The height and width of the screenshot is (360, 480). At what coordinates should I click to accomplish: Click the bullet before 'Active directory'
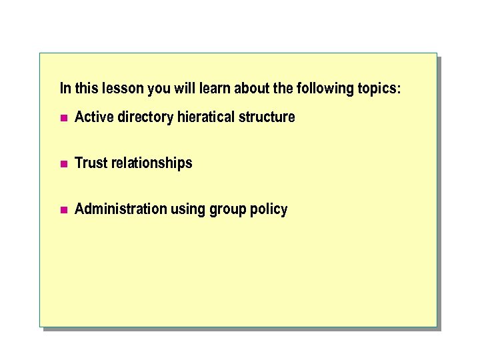[x=64, y=118]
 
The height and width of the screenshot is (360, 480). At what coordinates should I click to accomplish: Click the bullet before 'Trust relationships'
[x=64, y=164]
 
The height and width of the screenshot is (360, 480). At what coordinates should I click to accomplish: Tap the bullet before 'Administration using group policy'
[x=64, y=210]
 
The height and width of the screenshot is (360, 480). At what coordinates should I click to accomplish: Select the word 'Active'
[x=95, y=117]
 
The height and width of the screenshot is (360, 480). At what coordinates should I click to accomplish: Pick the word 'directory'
[x=145, y=118]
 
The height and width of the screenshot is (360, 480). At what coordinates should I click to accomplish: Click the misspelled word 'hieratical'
[x=206, y=117]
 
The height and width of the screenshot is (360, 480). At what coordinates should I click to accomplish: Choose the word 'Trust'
[x=91, y=163]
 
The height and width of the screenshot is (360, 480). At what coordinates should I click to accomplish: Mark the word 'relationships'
[x=151, y=164]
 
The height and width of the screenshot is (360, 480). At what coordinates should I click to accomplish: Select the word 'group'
[x=227, y=210]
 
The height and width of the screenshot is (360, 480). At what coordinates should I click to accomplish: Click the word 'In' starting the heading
[x=65, y=88]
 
